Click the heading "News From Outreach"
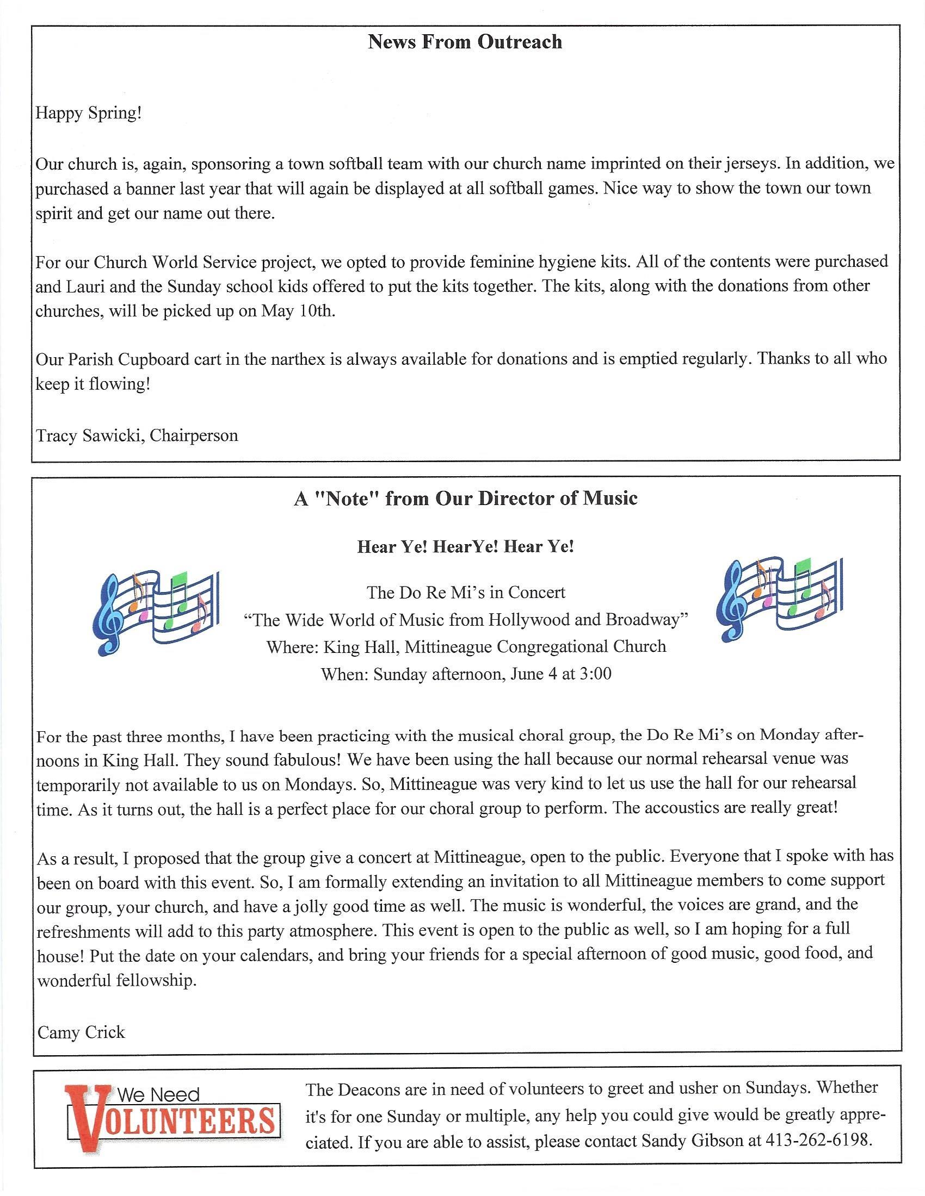(x=465, y=42)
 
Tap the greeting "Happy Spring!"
(x=89, y=114)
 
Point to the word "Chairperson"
(x=194, y=436)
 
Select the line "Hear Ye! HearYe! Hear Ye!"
(x=465, y=546)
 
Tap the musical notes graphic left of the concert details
(x=157, y=613)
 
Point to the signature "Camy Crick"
(x=81, y=1033)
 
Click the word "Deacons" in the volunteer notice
(x=371, y=1089)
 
